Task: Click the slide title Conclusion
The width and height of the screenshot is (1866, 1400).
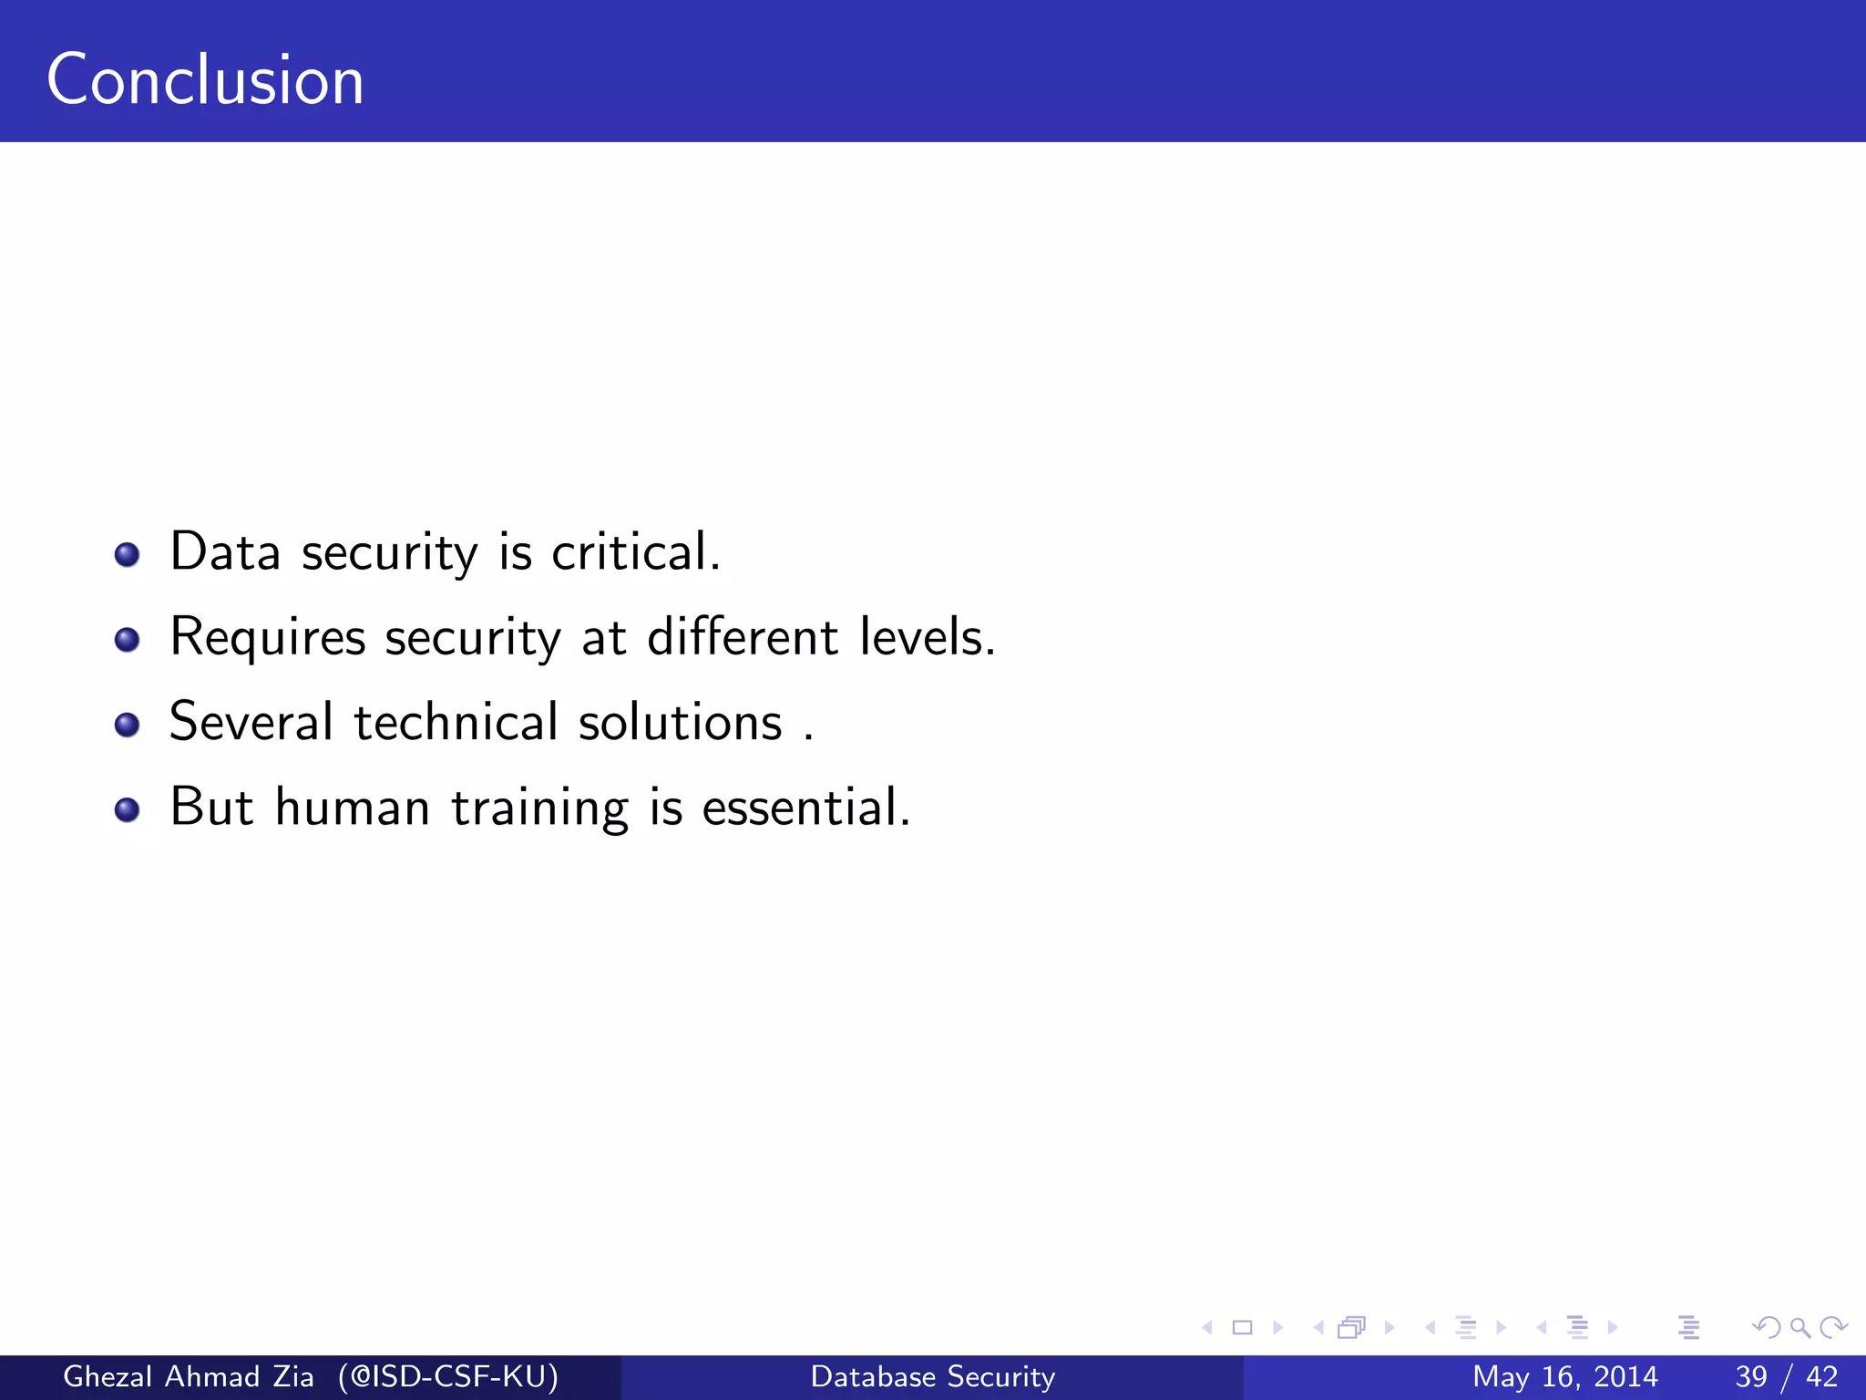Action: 205,80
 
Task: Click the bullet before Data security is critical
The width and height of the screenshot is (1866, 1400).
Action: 127,554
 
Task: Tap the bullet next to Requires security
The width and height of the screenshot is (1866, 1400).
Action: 127,640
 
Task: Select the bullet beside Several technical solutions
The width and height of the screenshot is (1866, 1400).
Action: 127,725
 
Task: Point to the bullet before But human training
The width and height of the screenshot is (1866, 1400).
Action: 127,809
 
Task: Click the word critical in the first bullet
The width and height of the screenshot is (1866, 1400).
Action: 635,552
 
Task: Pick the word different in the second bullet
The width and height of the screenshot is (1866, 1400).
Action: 742,637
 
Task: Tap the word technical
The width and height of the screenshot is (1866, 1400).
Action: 456,722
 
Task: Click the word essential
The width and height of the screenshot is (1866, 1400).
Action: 805,808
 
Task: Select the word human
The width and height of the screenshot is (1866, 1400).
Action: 353,808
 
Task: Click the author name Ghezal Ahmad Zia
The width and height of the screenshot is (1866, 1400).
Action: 189,1376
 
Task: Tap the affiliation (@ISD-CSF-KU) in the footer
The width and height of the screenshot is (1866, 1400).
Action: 447,1376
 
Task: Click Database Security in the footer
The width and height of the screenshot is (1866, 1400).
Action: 933,1376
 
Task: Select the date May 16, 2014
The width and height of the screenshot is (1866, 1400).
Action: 1564,1376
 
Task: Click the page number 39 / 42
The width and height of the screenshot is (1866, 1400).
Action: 1786,1376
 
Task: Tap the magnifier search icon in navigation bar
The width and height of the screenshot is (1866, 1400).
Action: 1799,1328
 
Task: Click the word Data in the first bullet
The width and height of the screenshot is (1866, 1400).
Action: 225,552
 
